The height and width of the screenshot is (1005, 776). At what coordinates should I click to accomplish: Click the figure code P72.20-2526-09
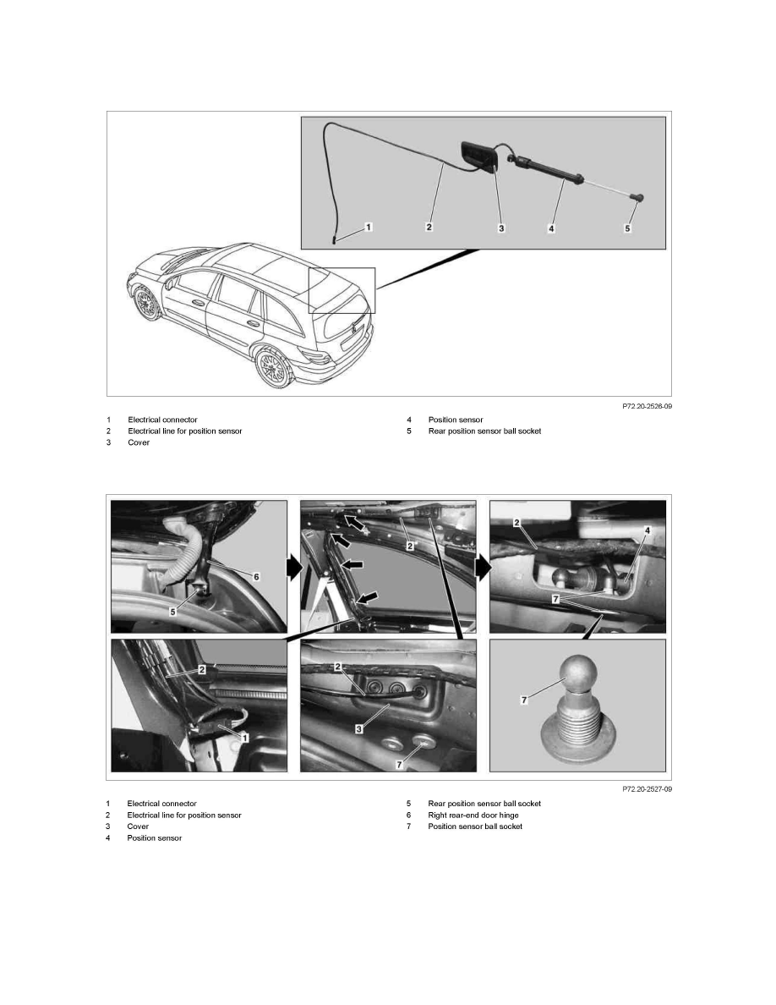coord(647,406)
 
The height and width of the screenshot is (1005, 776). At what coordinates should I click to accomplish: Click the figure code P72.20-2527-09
coord(647,788)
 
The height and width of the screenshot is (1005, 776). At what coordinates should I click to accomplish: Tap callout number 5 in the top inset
coord(627,228)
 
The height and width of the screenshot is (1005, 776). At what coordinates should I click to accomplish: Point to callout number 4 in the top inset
coord(551,228)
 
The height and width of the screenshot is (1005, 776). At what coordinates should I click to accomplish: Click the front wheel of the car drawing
coord(149,303)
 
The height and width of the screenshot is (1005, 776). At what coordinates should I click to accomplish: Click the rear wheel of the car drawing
coord(272,366)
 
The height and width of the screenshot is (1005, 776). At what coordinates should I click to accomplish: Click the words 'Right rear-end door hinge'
coord(469,815)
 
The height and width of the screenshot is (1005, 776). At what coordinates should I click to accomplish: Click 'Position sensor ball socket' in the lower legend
coord(475,827)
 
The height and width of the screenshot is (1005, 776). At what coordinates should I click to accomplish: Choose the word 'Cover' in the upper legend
coord(139,443)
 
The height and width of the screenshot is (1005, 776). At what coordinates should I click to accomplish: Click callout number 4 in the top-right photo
coord(646,530)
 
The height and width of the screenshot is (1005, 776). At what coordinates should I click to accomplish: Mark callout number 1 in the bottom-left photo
coord(244,737)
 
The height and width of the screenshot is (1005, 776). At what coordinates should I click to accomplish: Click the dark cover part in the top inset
coord(478,157)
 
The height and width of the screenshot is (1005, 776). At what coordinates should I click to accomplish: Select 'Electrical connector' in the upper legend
coord(162,420)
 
